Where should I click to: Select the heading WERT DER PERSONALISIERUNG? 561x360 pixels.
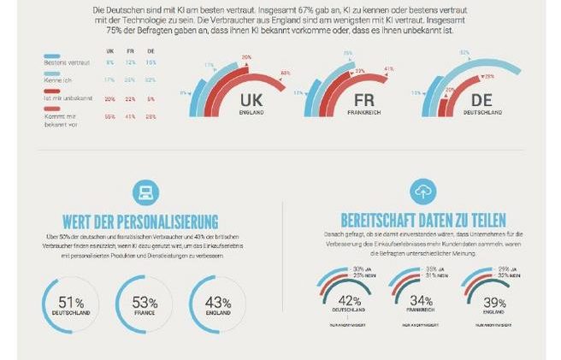[139, 220]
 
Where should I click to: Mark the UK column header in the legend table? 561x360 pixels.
[109, 50]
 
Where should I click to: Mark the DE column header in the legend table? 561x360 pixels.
[151, 50]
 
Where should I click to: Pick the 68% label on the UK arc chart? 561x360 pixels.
[285, 73]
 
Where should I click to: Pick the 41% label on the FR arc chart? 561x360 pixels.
[389, 68]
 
